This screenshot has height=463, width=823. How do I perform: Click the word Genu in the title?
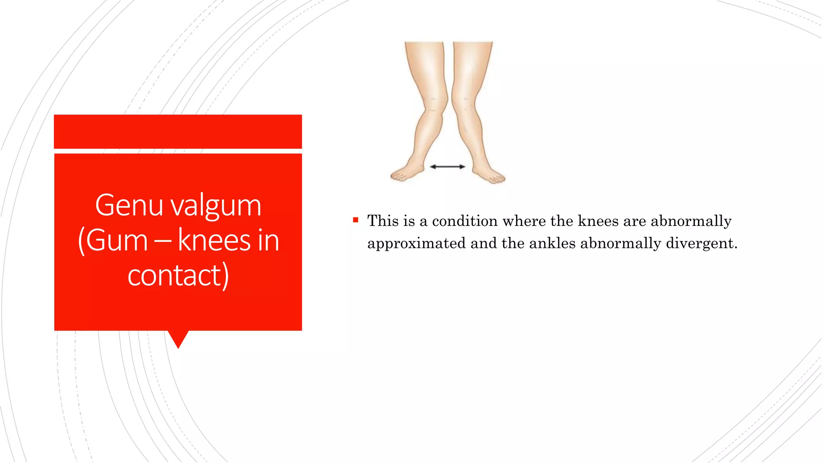click(x=129, y=205)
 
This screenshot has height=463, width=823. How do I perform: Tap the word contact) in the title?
click(x=178, y=275)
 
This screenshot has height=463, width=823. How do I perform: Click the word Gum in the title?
click(x=117, y=241)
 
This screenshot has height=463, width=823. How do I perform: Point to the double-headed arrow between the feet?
click(x=447, y=166)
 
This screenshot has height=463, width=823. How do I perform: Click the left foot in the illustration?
click(x=407, y=172)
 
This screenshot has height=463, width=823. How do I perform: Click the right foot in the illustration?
click(x=489, y=174)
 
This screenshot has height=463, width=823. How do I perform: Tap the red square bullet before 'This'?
click(x=355, y=220)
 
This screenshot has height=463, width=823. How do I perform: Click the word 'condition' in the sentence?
click(x=465, y=221)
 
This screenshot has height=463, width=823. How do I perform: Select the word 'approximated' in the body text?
click(x=416, y=244)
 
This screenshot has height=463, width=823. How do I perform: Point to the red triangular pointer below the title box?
click(x=178, y=338)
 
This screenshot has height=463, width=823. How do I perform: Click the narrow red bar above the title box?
click(x=178, y=131)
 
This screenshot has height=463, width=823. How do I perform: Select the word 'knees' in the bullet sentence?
click(x=598, y=221)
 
